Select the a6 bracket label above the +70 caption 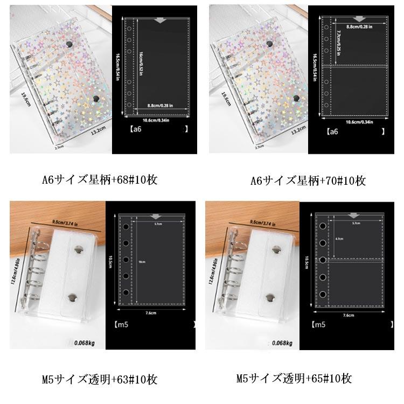332,131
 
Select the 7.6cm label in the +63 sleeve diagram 150,312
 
